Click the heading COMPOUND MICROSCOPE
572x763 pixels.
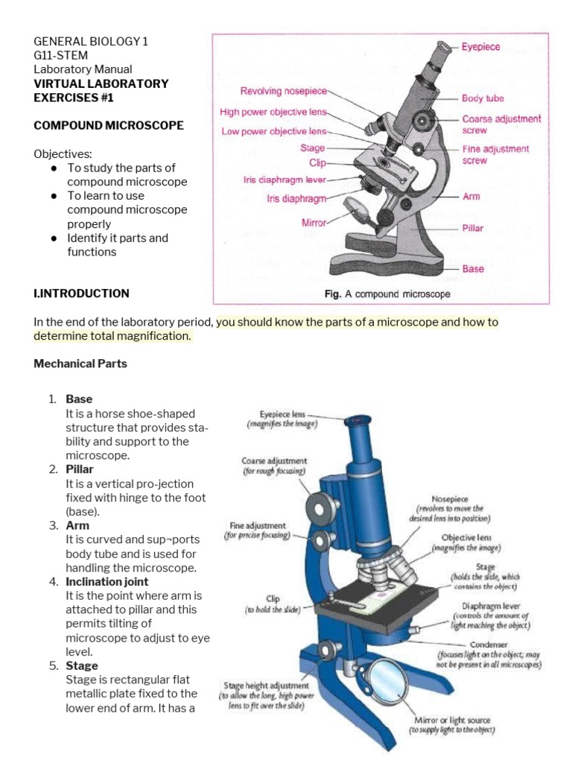(109, 125)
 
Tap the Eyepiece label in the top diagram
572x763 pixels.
(480, 47)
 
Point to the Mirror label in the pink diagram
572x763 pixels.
(314, 222)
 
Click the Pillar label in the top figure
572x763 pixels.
(473, 229)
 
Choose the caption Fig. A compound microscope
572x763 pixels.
(387, 294)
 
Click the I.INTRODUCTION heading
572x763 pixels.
(81, 294)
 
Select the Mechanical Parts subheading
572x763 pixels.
(80, 364)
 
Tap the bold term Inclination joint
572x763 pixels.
(107, 581)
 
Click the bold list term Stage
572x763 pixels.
(81, 665)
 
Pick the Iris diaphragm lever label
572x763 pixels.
(285, 180)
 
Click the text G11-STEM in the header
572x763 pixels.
(60, 55)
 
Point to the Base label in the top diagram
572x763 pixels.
(472, 269)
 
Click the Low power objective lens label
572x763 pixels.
(274, 131)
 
